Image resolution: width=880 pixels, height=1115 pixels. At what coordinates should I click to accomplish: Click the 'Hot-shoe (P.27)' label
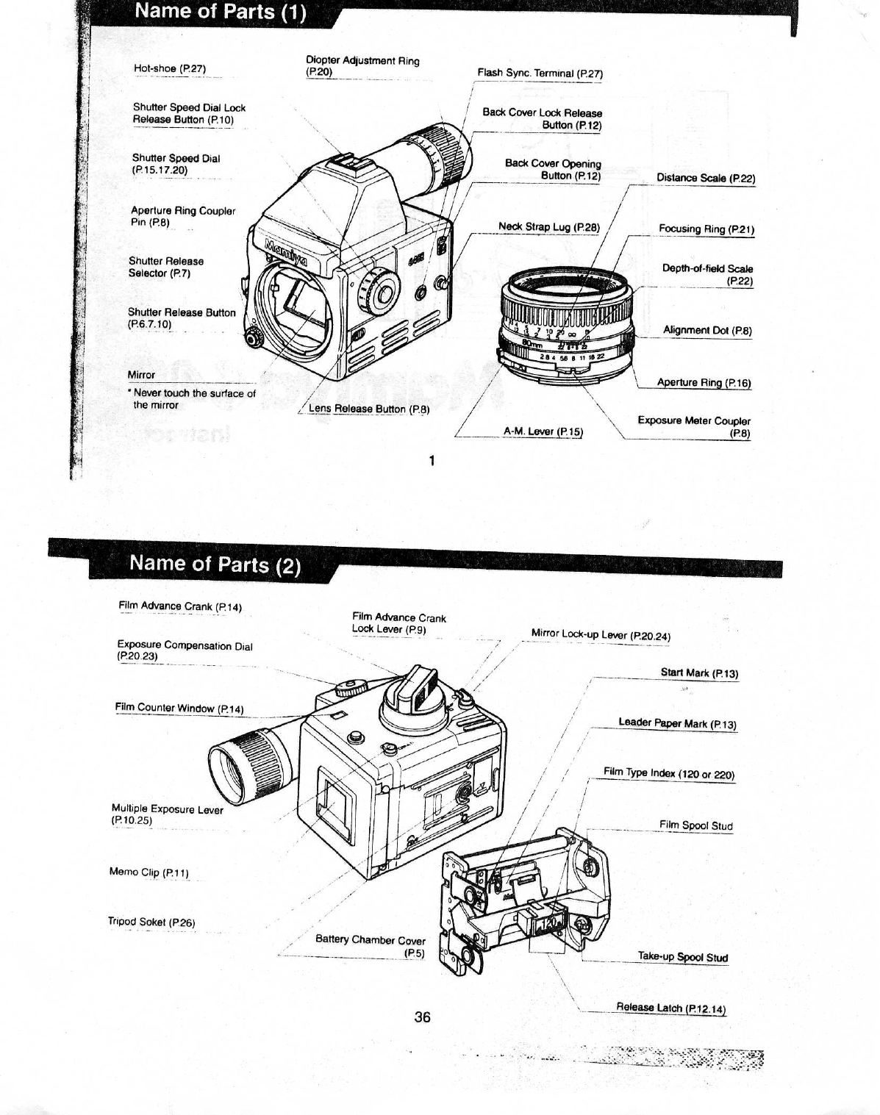170,69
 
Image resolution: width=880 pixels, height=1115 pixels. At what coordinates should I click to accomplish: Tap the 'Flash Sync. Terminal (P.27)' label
540,74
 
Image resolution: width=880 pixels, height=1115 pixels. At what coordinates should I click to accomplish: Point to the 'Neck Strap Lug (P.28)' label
548,227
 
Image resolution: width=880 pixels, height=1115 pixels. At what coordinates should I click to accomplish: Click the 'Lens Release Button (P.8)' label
369,409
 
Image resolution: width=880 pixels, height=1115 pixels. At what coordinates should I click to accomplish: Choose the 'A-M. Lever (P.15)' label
543,431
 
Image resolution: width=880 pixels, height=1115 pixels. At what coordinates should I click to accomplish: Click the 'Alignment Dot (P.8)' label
706,331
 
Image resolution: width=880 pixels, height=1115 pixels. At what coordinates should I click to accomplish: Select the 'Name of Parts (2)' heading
215,564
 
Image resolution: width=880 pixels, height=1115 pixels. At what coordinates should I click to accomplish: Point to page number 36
422,1017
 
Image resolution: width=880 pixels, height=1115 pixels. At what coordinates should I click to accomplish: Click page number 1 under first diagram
432,461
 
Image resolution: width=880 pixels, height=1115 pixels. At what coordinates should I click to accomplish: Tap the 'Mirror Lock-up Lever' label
601,635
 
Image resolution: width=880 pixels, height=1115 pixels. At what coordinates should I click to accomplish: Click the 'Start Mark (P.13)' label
699,673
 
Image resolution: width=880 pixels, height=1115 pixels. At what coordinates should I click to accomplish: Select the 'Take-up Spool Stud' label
682,957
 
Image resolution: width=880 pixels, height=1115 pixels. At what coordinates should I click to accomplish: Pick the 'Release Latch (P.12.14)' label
670,1008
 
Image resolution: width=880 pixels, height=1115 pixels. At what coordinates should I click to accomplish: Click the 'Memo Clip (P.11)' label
149,872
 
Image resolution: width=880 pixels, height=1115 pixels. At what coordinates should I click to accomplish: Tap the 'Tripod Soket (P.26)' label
151,922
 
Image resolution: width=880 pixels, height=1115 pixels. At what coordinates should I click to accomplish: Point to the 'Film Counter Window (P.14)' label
179,709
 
